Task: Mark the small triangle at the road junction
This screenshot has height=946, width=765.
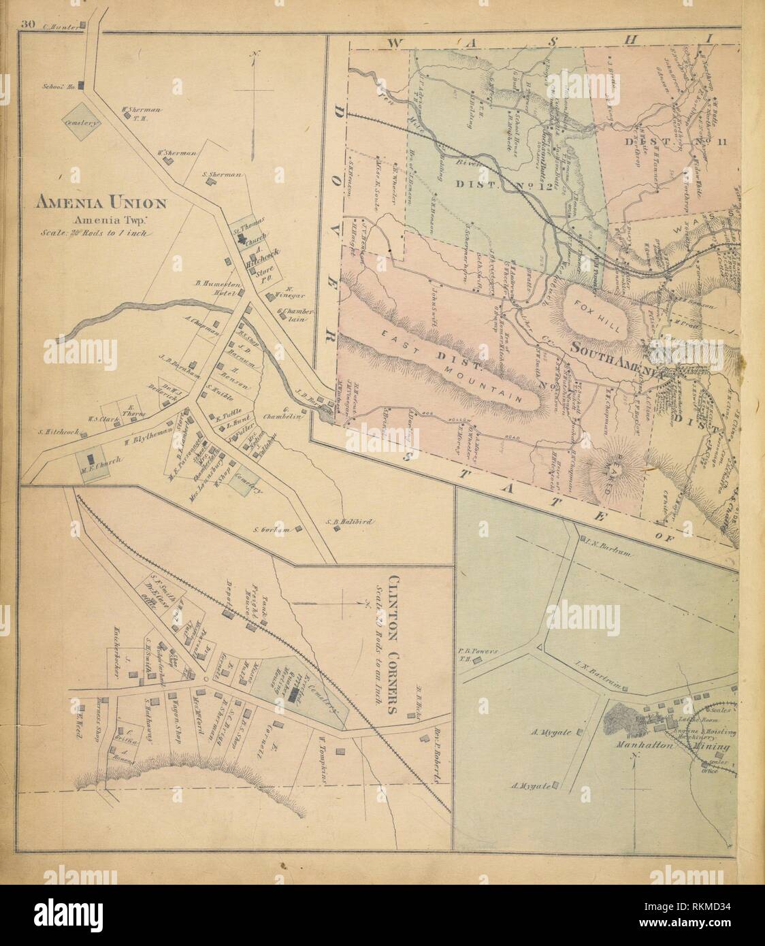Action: (x=540, y=647)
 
